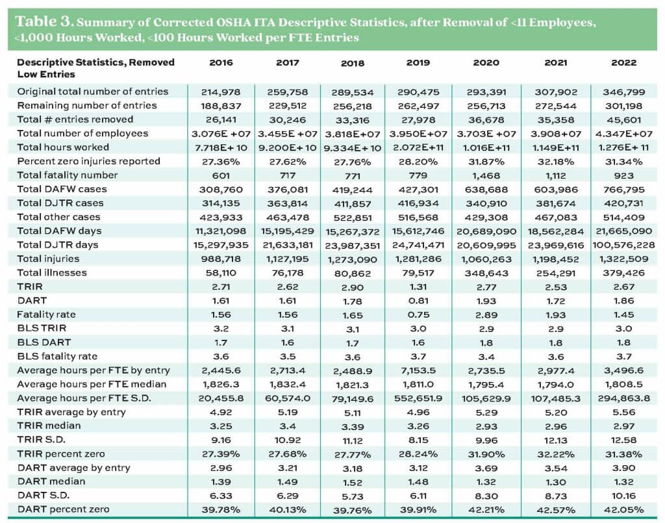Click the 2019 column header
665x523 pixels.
418,63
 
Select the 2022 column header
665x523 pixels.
623,63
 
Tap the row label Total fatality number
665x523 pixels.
68,175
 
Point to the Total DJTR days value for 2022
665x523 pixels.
623,244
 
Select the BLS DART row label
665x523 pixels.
44,342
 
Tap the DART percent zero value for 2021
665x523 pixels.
554,509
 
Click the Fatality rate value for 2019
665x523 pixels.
418,314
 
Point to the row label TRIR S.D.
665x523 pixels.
40,439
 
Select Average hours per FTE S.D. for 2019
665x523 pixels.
418,398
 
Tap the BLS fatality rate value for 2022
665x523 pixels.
623,356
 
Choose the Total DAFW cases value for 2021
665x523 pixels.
554,189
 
